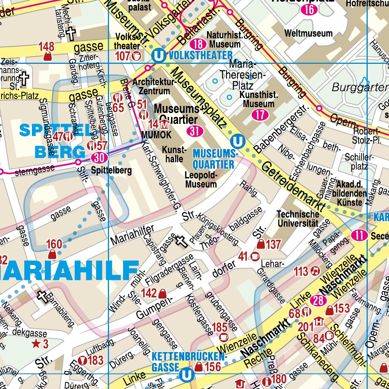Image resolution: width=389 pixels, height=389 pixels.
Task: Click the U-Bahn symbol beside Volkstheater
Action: [x=158, y=56]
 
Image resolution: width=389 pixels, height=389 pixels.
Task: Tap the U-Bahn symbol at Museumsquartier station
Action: [x=239, y=142]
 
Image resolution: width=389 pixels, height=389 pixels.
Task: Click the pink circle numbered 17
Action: [x=260, y=115]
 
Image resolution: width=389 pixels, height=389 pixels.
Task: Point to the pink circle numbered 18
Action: [x=198, y=44]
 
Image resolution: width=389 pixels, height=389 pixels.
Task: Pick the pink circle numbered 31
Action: [x=195, y=131]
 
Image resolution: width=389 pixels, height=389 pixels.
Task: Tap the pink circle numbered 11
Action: [x=359, y=236]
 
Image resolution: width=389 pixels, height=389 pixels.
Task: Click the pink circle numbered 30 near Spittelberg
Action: [x=99, y=157]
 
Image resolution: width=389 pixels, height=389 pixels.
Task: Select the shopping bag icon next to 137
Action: [x=261, y=244]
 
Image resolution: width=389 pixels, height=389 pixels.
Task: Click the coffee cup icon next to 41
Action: [x=255, y=257]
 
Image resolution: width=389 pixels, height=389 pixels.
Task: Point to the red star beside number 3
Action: [x=36, y=344]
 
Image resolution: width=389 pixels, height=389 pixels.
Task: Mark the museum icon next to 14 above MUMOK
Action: [x=164, y=124]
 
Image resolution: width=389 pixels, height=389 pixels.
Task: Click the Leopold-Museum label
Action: [x=201, y=180]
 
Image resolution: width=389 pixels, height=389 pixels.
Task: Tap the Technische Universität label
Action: [x=297, y=219]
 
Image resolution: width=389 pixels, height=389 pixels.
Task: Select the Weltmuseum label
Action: [x=308, y=33]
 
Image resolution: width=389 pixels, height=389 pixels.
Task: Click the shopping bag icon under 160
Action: [x=52, y=254]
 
